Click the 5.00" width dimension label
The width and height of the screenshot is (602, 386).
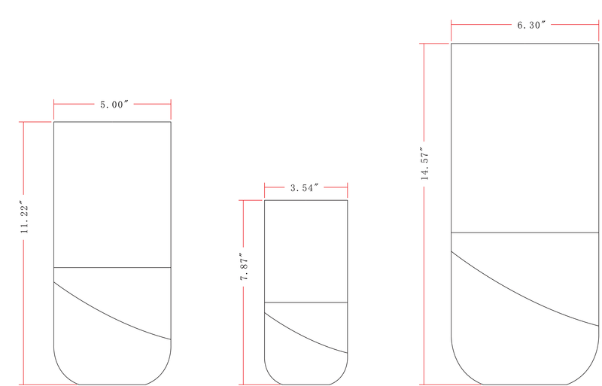(114, 105)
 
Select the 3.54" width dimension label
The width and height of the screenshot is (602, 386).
(305, 188)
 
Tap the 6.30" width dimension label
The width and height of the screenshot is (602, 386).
(531, 25)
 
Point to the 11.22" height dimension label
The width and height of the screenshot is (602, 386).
(25, 217)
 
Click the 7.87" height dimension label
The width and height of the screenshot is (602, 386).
(245, 266)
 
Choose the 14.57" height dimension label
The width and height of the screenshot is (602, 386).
(425, 163)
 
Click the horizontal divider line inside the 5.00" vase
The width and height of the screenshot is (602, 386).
(112, 267)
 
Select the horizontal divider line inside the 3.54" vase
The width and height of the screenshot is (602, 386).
(306, 302)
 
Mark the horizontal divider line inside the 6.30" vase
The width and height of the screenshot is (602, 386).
(524, 233)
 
